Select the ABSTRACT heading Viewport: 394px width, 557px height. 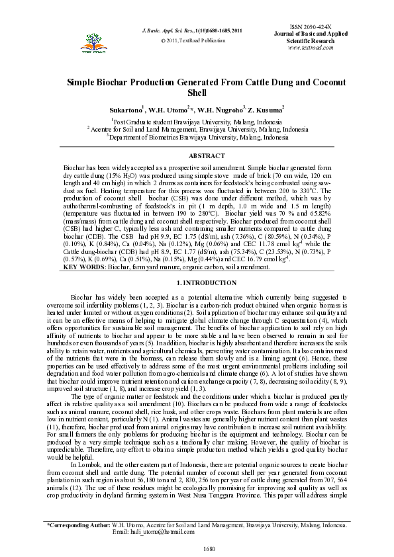[197, 155]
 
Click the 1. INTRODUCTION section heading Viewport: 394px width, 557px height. [197, 283]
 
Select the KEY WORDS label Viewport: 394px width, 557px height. [83, 267]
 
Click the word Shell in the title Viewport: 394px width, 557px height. [197, 93]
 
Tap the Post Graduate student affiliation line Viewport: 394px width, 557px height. [197, 122]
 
